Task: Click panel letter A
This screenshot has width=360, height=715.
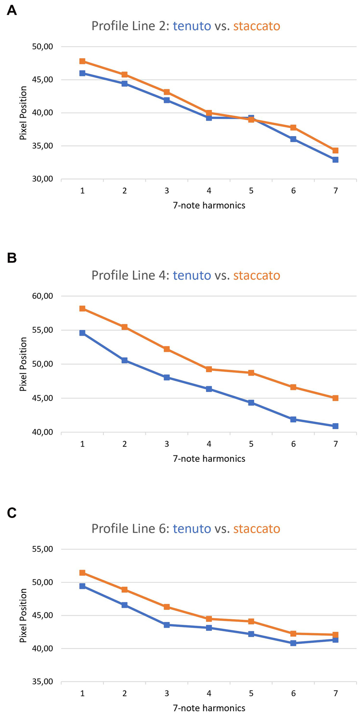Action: (12, 10)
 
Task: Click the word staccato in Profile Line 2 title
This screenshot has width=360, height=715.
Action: (257, 26)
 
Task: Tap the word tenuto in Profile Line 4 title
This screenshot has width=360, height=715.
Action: (192, 275)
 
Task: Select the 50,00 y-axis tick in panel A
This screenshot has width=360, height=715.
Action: (42, 46)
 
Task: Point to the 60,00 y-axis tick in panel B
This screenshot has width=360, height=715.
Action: (42, 296)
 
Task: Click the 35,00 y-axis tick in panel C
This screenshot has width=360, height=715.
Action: (42, 682)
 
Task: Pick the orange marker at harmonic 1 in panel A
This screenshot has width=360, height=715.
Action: (82, 61)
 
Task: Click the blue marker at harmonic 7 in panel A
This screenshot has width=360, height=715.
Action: (336, 160)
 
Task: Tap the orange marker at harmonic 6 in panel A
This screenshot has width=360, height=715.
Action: (293, 127)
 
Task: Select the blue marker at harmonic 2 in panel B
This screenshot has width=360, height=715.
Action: (124, 361)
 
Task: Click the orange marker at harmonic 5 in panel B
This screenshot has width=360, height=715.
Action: (251, 373)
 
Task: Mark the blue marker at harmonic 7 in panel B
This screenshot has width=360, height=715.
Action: (336, 426)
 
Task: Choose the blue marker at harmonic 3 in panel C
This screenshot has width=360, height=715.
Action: (166, 625)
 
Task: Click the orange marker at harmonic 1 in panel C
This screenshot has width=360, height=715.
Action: (82, 573)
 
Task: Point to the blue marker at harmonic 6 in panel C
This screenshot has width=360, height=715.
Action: (293, 643)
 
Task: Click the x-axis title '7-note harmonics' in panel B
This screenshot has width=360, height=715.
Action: (209, 459)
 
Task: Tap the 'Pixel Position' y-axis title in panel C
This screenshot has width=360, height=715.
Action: (24, 615)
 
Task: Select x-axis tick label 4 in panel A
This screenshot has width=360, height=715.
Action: (209, 191)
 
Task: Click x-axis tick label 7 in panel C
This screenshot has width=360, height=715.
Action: (336, 693)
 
